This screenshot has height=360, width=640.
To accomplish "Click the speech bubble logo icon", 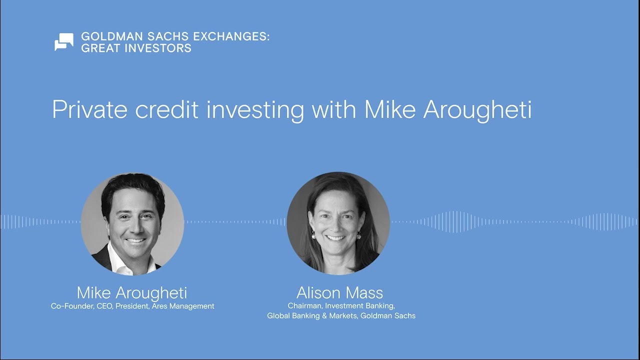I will tap(63, 42).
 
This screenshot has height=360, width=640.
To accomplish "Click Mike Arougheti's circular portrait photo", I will tap(132, 224).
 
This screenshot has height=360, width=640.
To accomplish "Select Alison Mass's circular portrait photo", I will tap(338, 223).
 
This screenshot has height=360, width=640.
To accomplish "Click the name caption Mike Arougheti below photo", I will tap(132, 292).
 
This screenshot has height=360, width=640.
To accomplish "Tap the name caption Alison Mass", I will tap(340, 292).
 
